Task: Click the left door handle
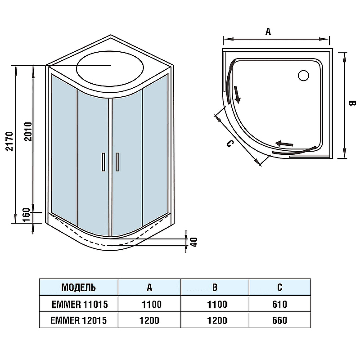[103, 162]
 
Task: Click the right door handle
[118, 162]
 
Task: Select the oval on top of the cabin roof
[110, 71]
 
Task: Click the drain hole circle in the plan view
[303, 76]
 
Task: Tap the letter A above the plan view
[268, 31]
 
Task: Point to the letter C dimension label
[229, 144]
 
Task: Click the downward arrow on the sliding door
[237, 95]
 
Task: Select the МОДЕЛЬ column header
[78, 287]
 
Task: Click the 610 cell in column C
[279, 304]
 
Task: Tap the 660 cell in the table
[279, 320]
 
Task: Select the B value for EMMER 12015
[216, 320]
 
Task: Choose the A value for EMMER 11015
[151, 304]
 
